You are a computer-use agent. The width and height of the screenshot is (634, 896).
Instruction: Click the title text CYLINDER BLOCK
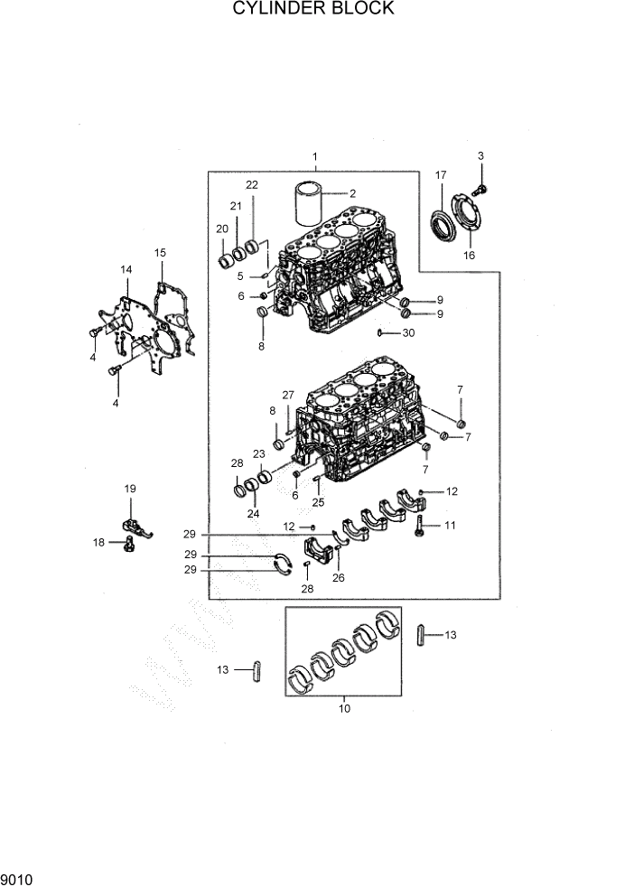point(313,9)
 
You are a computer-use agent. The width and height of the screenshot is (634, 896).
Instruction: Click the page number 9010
point(15,878)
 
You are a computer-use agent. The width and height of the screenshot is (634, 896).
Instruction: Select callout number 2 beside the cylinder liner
point(353,192)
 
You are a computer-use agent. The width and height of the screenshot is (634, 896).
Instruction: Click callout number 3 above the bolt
point(480,156)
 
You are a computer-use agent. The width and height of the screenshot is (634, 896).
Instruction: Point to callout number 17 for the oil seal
point(441,174)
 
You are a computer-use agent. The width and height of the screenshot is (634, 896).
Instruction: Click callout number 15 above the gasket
point(160,253)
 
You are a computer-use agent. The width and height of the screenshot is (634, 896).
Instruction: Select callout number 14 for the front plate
point(126,269)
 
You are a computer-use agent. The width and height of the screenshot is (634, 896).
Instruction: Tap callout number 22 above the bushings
point(252,185)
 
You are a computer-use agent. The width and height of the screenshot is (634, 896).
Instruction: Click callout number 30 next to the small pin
point(408,333)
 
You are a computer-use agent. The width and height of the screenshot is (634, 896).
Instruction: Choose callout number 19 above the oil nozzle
point(130,489)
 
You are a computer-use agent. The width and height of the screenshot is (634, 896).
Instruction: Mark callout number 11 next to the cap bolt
point(449,524)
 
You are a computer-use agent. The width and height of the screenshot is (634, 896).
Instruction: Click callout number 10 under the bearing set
point(343,709)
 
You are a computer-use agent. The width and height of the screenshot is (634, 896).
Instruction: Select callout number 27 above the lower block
point(288,395)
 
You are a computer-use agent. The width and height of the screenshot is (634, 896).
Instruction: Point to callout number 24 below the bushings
point(254,514)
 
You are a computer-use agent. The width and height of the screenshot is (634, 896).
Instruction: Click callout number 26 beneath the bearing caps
point(339,578)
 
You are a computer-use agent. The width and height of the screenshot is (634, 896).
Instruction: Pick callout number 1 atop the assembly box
point(315,156)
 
